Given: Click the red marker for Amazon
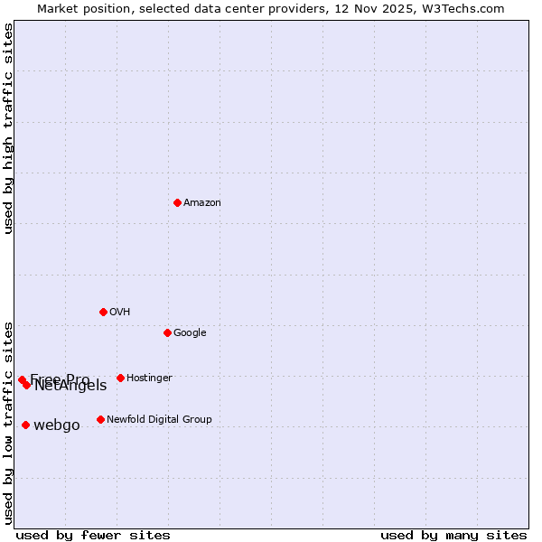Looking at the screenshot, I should (x=177, y=202).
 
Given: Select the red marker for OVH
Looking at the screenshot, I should (x=103, y=312).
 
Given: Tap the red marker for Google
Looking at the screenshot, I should (x=167, y=332).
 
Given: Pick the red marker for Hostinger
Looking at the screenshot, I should (x=120, y=378).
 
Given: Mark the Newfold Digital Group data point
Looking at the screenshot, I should (x=100, y=419).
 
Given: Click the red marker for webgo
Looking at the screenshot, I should (x=25, y=425).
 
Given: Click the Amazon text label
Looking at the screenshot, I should (x=202, y=203).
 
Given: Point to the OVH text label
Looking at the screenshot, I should (x=120, y=313).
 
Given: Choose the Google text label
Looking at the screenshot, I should (x=190, y=333).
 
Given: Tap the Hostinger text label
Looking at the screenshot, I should (x=149, y=378).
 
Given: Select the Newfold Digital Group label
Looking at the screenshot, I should (x=159, y=420).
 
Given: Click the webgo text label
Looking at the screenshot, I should (x=57, y=425).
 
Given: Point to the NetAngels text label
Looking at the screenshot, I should (x=70, y=386).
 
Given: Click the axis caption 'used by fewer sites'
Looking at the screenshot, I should (x=93, y=535).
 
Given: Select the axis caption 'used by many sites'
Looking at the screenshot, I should (x=453, y=535).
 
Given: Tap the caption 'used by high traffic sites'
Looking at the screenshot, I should (x=9, y=129).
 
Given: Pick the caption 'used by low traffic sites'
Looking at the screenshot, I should (x=9, y=423).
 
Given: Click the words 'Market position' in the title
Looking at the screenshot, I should (x=81, y=9).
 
